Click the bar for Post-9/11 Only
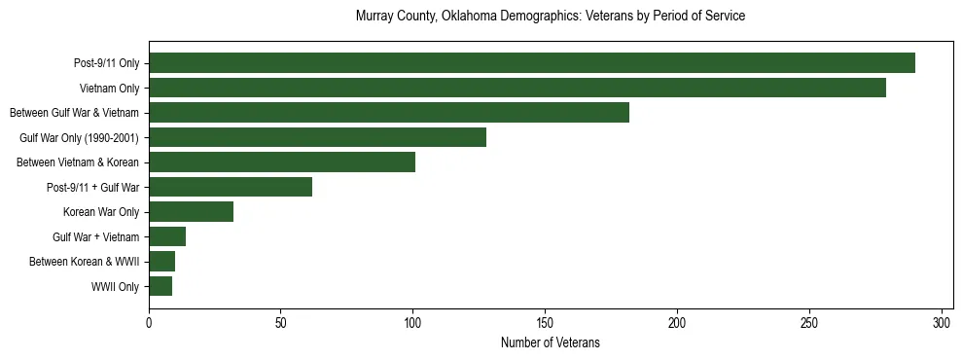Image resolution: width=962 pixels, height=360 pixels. coord(532,63)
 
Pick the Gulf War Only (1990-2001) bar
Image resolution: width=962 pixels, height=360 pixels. coord(317,137)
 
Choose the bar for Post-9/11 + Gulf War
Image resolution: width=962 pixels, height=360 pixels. coord(231,187)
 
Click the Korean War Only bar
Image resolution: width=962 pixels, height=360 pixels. coord(191,212)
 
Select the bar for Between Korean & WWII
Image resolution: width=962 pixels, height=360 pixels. coord(161,262)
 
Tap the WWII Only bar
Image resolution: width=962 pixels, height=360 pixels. coord(160,286)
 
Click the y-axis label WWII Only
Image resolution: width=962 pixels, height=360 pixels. coord(115,287)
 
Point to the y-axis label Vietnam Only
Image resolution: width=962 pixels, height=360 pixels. coord(109,89)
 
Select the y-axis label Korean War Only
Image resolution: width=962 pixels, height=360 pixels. coord(101,212)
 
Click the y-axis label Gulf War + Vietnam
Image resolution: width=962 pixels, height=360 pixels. coord(95,237)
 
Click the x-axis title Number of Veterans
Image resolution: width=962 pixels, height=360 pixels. coord(550,342)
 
